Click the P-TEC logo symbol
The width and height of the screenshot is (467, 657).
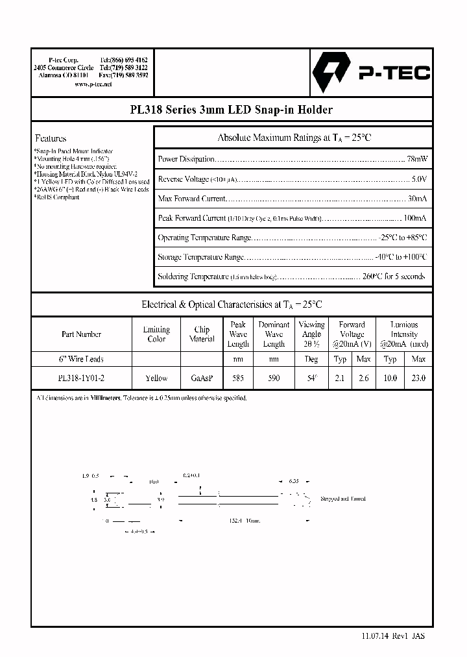click(x=330, y=74)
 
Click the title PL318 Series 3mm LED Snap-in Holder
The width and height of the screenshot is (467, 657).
click(x=232, y=110)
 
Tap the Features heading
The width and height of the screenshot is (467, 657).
click(x=51, y=138)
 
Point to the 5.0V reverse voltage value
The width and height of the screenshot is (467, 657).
click(x=419, y=179)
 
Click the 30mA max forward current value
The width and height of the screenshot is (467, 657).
click(x=416, y=199)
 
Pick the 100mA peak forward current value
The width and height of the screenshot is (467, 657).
click(x=414, y=219)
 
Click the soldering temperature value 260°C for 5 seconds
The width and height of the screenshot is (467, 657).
click(x=394, y=277)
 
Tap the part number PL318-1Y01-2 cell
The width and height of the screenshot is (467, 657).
click(x=81, y=378)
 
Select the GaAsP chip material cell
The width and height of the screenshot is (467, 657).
click(x=202, y=378)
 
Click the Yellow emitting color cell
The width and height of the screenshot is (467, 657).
click(x=156, y=378)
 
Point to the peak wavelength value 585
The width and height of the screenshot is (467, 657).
click(x=238, y=378)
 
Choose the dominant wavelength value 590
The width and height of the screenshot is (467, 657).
click(x=274, y=378)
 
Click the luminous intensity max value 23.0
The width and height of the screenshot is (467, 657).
click(x=418, y=378)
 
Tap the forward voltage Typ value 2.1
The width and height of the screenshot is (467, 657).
click(x=339, y=378)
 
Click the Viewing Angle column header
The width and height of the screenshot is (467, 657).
click(x=311, y=334)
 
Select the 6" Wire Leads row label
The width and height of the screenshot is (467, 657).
click(x=81, y=359)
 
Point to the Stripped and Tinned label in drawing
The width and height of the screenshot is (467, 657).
click(x=343, y=499)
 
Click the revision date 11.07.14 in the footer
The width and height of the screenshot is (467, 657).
click(x=374, y=637)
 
